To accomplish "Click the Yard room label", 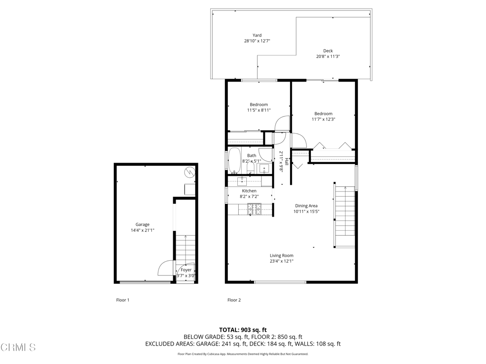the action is click(x=257, y=35).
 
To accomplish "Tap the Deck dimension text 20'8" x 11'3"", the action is click(x=328, y=56).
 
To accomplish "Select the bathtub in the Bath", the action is click(x=234, y=160).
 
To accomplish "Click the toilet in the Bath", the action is click(x=251, y=168).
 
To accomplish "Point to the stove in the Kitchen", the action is click(x=254, y=209).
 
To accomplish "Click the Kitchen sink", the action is click(x=242, y=181).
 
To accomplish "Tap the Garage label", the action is click(x=142, y=224).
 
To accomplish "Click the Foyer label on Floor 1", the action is click(x=186, y=270).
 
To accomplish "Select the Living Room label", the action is click(x=281, y=255).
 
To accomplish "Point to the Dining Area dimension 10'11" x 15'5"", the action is click(x=307, y=211).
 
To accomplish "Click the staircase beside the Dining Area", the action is click(x=345, y=217).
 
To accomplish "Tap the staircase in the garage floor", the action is click(x=186, y=248).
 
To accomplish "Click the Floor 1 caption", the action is click(x=123, y=300).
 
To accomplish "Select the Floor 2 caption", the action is click(x=234, y=300).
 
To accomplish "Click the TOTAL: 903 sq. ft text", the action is click(x=243, y=330).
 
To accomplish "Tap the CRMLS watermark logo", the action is click(x=19, y=347).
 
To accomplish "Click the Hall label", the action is click(x=287, y=161).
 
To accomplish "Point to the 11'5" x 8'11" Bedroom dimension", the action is click(x=259, y=110).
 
